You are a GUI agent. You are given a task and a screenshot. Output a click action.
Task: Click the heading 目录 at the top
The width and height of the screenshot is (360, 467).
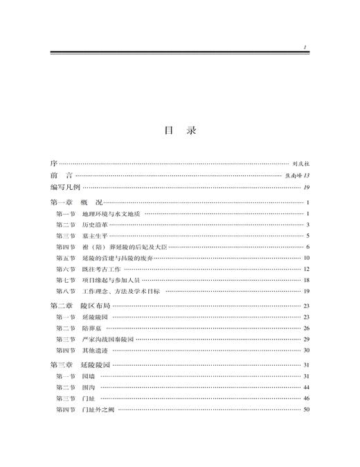pos(180,131)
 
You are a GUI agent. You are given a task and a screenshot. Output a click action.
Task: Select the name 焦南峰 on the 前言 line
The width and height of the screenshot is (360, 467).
pos(294,176)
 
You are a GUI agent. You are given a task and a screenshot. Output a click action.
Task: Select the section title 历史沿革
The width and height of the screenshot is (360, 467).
pos(93,225)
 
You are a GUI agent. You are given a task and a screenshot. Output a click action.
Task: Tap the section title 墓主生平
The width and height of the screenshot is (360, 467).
pos(93,236)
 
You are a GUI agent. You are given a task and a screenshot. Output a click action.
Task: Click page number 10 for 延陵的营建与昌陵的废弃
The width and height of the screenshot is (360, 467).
pos(305,258)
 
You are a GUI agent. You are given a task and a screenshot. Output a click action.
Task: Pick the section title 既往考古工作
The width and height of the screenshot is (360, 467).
pos(98,270)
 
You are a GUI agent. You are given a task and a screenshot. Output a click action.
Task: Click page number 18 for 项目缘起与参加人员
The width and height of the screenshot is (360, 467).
pos(305,281)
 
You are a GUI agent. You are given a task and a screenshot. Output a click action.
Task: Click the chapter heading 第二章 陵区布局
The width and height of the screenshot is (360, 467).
pos(80,306)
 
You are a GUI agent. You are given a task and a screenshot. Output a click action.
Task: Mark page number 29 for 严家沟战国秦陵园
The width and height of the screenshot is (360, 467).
pos(305,339)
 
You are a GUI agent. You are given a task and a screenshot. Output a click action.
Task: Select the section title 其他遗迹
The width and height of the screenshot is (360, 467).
pos(93,351)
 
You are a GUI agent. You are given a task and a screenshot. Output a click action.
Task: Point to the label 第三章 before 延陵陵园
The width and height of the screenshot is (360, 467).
pos(62,364)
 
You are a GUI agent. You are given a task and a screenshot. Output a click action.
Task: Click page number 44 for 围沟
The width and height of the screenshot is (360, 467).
pos(305,387)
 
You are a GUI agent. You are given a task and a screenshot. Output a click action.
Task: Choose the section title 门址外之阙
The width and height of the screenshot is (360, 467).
pos(98,409)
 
